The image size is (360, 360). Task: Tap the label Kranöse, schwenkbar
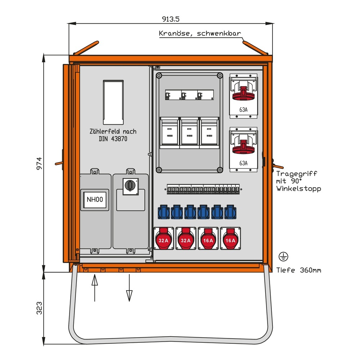click(200, 34)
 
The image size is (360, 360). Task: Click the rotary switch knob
click(130, 186)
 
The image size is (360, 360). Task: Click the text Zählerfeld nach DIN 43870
click(113, 135)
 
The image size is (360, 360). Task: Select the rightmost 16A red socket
click(230, 238)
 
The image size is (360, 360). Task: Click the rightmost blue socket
click(230, 212)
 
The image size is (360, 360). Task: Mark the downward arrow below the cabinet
click(129, 287)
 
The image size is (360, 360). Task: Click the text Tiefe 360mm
click(298, 270)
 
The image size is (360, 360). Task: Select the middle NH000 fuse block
click(189, 132)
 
